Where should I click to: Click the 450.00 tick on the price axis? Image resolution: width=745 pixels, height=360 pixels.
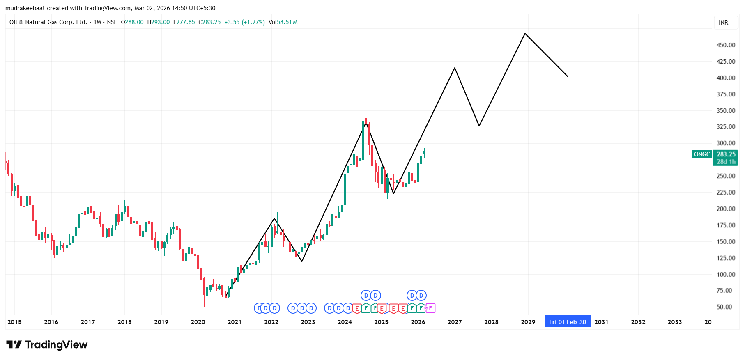pos(726,45)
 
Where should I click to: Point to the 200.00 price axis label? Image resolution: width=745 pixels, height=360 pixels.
pos(726,209)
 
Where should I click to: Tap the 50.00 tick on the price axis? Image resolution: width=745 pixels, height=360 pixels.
pos(724,307)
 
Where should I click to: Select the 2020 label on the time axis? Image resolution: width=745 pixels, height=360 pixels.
pos(198,322)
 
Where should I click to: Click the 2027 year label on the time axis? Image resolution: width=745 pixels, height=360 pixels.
pos(455,322)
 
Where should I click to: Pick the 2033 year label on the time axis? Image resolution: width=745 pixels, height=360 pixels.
pos(675,322)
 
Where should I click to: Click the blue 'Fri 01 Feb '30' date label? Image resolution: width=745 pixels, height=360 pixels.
pos(567,322)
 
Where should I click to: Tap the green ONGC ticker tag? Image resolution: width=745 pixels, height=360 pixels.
pos(702,154)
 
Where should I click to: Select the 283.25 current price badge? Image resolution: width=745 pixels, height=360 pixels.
pos(726,154)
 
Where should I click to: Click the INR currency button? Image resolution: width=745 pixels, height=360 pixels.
pos(723,23)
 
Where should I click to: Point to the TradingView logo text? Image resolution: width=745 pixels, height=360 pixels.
pos(56,345)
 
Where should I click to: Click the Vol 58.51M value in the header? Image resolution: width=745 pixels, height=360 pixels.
pos(283,22)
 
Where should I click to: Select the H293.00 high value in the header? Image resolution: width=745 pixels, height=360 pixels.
pos(159,22)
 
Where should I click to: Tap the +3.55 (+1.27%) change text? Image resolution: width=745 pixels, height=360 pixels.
pos(244,22)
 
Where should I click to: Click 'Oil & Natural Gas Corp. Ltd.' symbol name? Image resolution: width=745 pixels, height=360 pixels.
pos(48,22)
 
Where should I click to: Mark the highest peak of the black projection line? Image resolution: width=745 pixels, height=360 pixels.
pos(525,34)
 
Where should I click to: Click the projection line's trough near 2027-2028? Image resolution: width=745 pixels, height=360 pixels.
pos(479,126)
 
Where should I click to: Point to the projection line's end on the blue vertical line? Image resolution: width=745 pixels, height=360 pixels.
pos(568,77)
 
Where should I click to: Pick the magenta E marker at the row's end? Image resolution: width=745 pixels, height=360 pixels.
pos(430,308)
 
